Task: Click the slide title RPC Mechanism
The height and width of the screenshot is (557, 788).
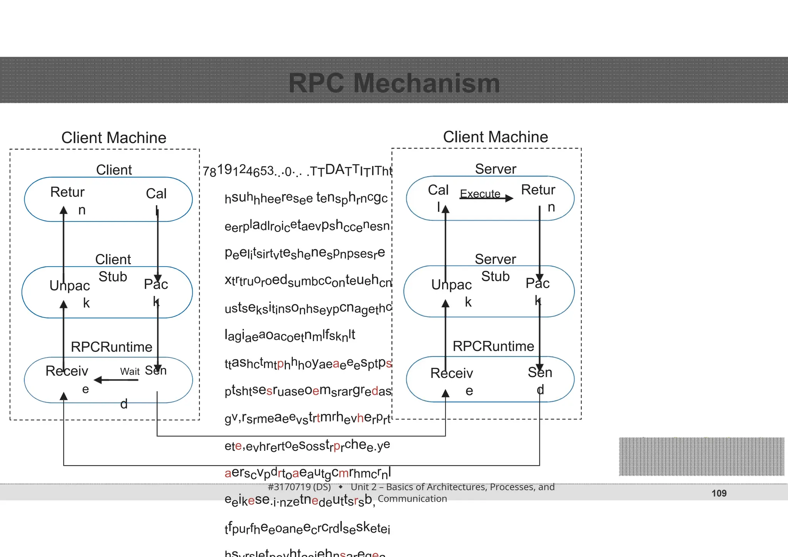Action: click(394, 83)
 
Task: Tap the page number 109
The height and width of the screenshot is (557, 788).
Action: click(719, 493)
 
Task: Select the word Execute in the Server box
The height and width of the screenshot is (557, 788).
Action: click(480, 193)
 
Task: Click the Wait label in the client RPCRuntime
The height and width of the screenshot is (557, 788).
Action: click(130, 372)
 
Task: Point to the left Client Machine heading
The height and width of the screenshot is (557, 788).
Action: click(114, 138)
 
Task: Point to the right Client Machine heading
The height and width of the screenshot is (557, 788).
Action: click(495, 137)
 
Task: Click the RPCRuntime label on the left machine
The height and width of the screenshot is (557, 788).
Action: click(112, 347)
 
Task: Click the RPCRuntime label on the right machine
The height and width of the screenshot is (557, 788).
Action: click(493, 346)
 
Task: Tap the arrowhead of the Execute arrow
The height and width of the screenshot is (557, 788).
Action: click(509, 198)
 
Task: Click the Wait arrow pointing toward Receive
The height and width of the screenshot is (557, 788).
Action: click(115, 380)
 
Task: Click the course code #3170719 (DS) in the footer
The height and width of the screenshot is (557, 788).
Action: click(299, 487)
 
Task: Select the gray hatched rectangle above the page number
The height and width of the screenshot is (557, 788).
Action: click(701, 457)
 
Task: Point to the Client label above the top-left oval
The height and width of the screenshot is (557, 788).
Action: click(114, 170)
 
